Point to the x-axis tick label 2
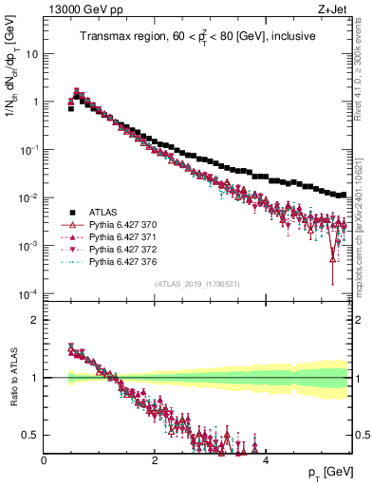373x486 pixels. click(x=155, y=459)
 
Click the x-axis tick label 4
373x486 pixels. click(x=265, y=459)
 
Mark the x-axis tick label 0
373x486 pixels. click(x=44, y=459)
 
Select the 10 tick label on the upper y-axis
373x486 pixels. click(x=30, y=53)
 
